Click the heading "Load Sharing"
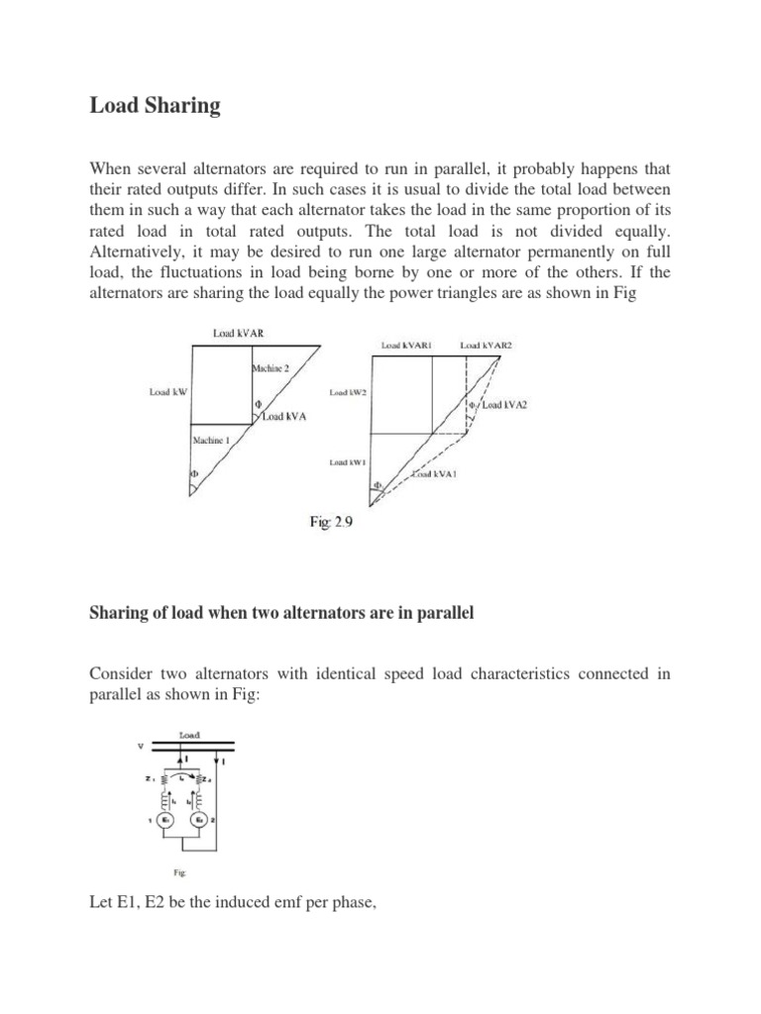click(x=155, y=106)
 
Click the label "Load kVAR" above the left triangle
click(x=238, y=334)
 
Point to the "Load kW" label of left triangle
click(x=168, y=392)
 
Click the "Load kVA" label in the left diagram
click(x=284, y=417)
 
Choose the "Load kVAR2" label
click(x=488, y=346)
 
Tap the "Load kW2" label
click(x=348, y=393)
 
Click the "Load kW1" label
click(x=348, y=462)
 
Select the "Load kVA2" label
click(x=509, y=405)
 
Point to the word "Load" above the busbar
click(x=188, y=735)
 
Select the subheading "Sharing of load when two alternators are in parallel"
click(x=282, y=614)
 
